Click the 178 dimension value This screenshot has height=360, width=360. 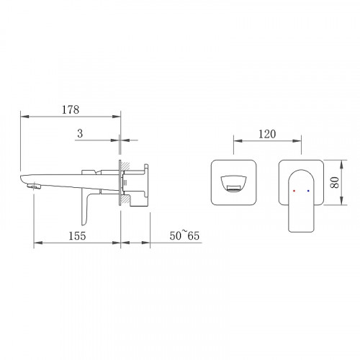point(71,109)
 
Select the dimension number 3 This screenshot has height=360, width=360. point(80,133)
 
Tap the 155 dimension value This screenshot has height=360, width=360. point(77,236)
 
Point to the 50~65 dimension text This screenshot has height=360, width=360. point(184,235)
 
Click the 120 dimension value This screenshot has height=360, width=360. point(267,134)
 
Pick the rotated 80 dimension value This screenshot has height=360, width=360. point(335,183)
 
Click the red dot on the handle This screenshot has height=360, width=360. point(294,191)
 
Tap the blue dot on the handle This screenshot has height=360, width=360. point(308,191)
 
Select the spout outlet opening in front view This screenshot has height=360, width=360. point(234,184)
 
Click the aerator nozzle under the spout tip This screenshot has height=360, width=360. point(34,186)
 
